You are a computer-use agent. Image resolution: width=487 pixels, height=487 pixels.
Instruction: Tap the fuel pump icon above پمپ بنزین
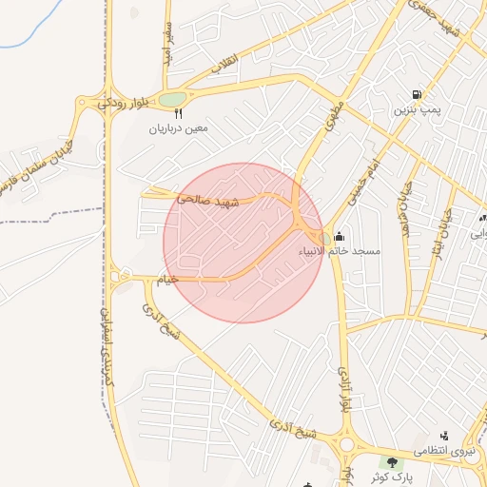point(417,94)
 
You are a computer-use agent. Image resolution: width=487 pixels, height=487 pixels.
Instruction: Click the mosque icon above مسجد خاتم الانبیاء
point(340,236)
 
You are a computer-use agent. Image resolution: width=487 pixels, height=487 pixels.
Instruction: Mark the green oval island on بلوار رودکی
point(172,98)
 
